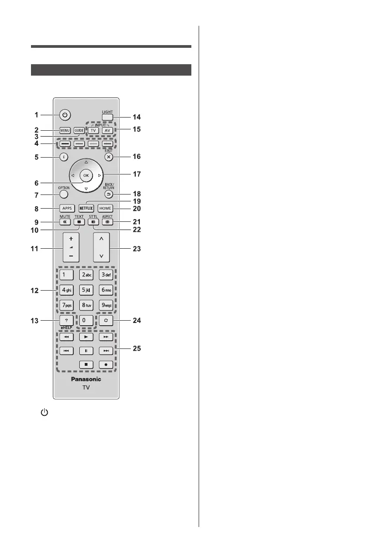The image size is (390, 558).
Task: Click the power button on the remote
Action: click(65, 115)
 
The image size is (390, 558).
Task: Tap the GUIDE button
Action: click(79, 130)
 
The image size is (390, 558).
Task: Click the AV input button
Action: click(108, 130)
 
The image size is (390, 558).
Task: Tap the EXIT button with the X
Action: click(108, 156)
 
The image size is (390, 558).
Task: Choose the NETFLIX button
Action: click(86, 208)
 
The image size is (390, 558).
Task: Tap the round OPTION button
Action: click(64, 195)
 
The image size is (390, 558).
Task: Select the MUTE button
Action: click(64, 223)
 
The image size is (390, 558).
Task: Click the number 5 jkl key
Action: click(86, 290)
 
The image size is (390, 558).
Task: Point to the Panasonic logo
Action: click(86, 379)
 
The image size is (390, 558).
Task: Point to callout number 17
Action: click(137, 174)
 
